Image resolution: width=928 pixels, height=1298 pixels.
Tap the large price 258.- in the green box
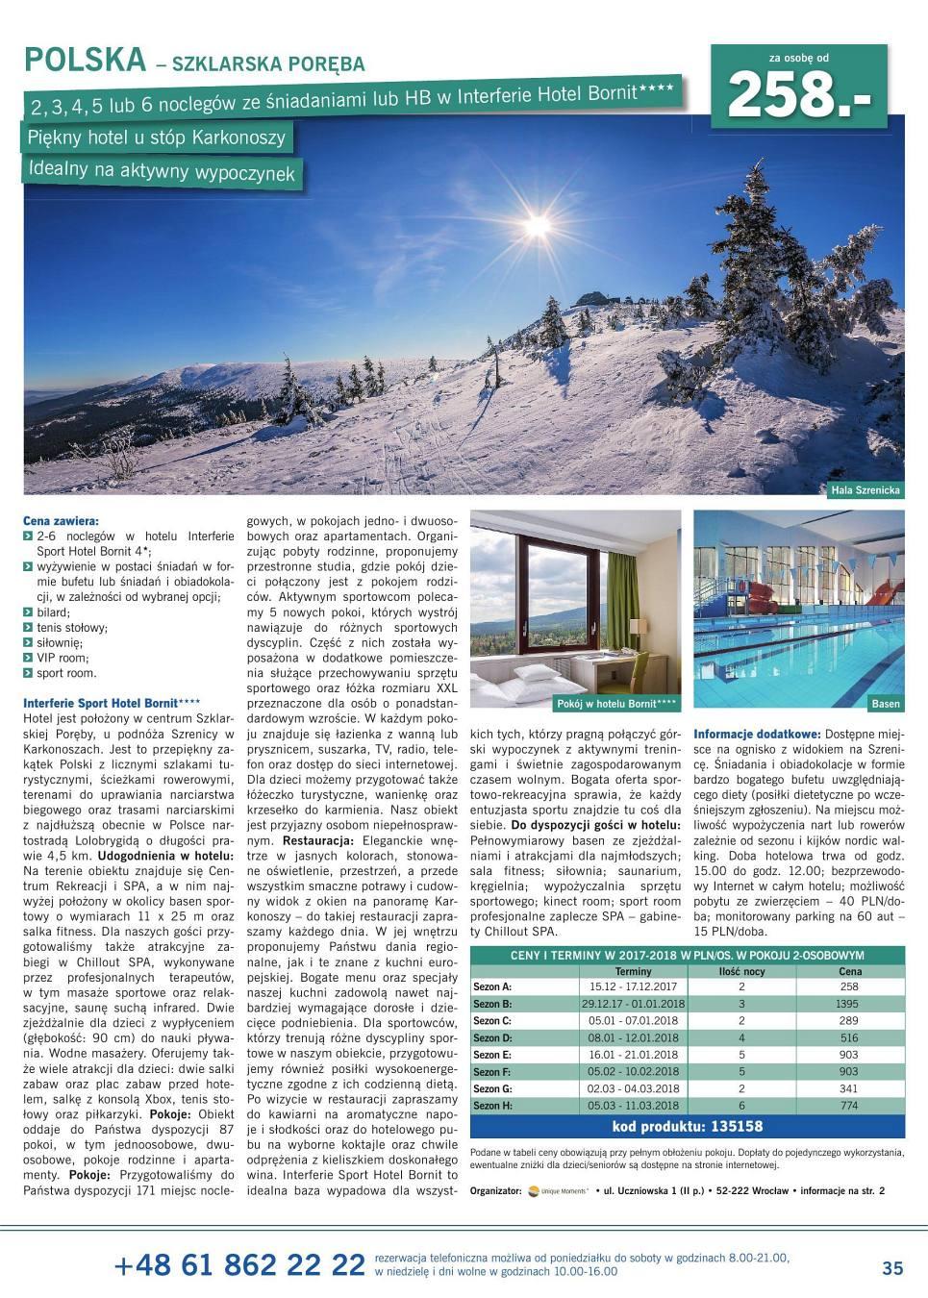(x=806, y=95)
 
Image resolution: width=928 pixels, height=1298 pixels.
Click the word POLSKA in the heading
(x=85, y=61)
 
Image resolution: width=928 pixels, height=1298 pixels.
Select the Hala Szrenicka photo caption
(x=865, y=490)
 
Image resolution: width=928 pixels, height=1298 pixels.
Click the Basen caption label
(x=885, y=704)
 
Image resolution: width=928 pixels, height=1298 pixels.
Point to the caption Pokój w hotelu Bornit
(x=617, y=704)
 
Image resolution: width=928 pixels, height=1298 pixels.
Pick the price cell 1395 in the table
(x=848, y=1004)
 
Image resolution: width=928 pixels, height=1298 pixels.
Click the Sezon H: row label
(x=493, y=1106)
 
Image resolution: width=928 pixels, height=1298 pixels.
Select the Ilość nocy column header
(x=741, y=972)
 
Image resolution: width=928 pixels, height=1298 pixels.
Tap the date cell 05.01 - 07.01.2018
(x=631, y=1021)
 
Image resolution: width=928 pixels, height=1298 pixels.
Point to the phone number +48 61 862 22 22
(x=238, y=1265)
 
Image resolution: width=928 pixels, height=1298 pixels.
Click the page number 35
(x=891, y=1268)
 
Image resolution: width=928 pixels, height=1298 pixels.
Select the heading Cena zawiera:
(x=61, y=520)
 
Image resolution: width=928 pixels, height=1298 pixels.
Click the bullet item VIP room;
(x=63, y=659)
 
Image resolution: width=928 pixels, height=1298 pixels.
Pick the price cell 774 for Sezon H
(x=848, y=1106)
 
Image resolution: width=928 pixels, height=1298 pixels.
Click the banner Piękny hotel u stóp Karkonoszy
(x=158, y=137)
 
